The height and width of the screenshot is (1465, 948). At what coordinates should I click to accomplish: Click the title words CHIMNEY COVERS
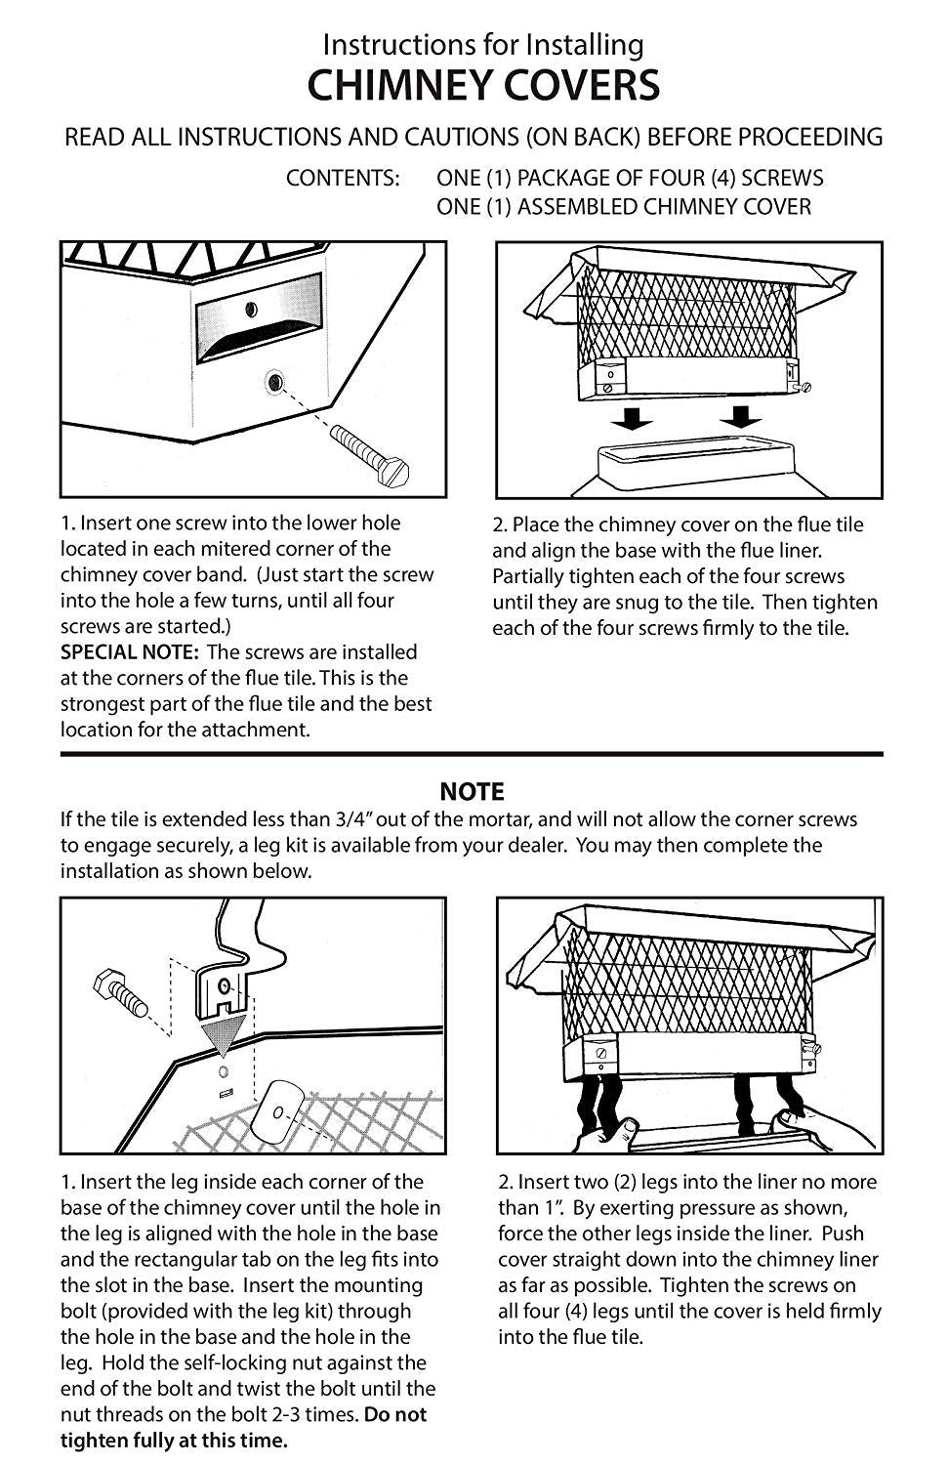tap(483, 85)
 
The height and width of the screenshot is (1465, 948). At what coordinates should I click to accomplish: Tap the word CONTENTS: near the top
tap(343, 178)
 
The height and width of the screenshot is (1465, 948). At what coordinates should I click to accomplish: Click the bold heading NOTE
tap(472, 791)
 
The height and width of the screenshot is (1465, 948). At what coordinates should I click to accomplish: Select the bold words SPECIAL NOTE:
tap(130, 652)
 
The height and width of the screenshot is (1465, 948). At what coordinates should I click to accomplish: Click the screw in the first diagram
tap(369, 454)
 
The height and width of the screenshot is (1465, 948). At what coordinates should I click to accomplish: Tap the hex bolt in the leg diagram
tap(121, 993)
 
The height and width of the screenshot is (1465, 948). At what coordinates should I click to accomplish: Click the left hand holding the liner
tap(608, 1136)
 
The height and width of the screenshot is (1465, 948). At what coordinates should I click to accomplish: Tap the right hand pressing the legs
tap(824, 1129)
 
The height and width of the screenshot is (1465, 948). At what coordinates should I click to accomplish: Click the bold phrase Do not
tap(394, 1414)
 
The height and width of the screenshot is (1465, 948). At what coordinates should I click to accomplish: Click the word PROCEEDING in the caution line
tap(810, 138)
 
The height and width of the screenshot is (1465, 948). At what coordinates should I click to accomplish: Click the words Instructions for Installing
tap(483, 45)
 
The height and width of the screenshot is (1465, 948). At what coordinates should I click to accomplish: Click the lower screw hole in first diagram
tap(275, 381)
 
